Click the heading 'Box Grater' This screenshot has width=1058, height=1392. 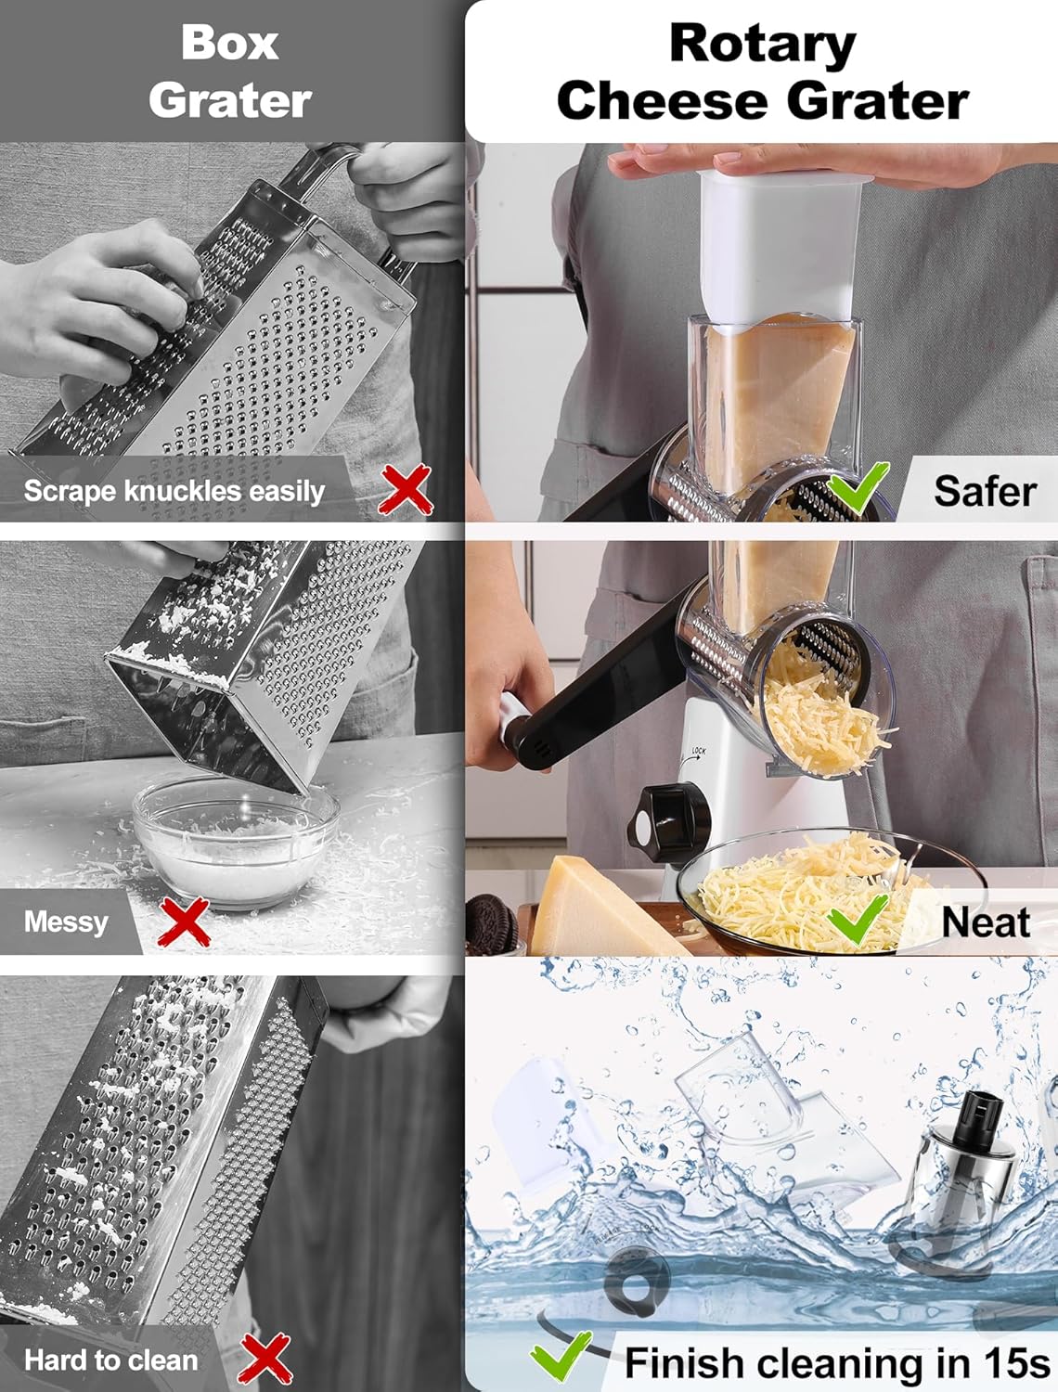click(229, 71)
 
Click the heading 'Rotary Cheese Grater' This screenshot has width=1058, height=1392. click(762, 71)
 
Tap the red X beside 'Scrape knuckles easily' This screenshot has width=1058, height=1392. click(406, 490)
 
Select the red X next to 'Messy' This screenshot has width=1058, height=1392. click(184, 922)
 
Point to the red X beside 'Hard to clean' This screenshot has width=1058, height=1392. click(265, 1360)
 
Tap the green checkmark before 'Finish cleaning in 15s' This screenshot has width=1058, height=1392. click(561, 1357)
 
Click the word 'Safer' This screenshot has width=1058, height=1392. click(985, 491)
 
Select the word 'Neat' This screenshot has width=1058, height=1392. click(985, 922)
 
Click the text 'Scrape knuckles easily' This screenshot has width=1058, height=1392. click(174, 491)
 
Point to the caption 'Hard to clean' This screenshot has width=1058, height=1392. click(111, 1360)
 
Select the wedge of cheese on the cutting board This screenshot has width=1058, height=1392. click(594, 909)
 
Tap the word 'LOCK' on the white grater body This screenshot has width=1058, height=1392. click(698, 751)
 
